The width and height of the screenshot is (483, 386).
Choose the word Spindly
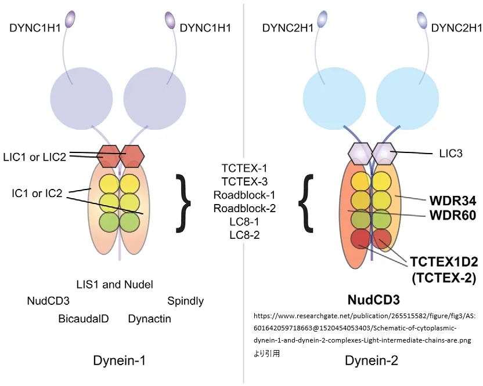pyautogui.click(x=185, y=301)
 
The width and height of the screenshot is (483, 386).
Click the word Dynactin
pyautogui.click(x=149, y=319)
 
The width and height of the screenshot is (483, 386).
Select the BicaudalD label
pyautogui.click(x=84, y=319)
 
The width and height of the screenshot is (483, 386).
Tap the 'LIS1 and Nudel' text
pyautogui.click(x=115, y=285)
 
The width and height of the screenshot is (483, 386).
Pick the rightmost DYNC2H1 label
pyautogui.click(x=457, y=27)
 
